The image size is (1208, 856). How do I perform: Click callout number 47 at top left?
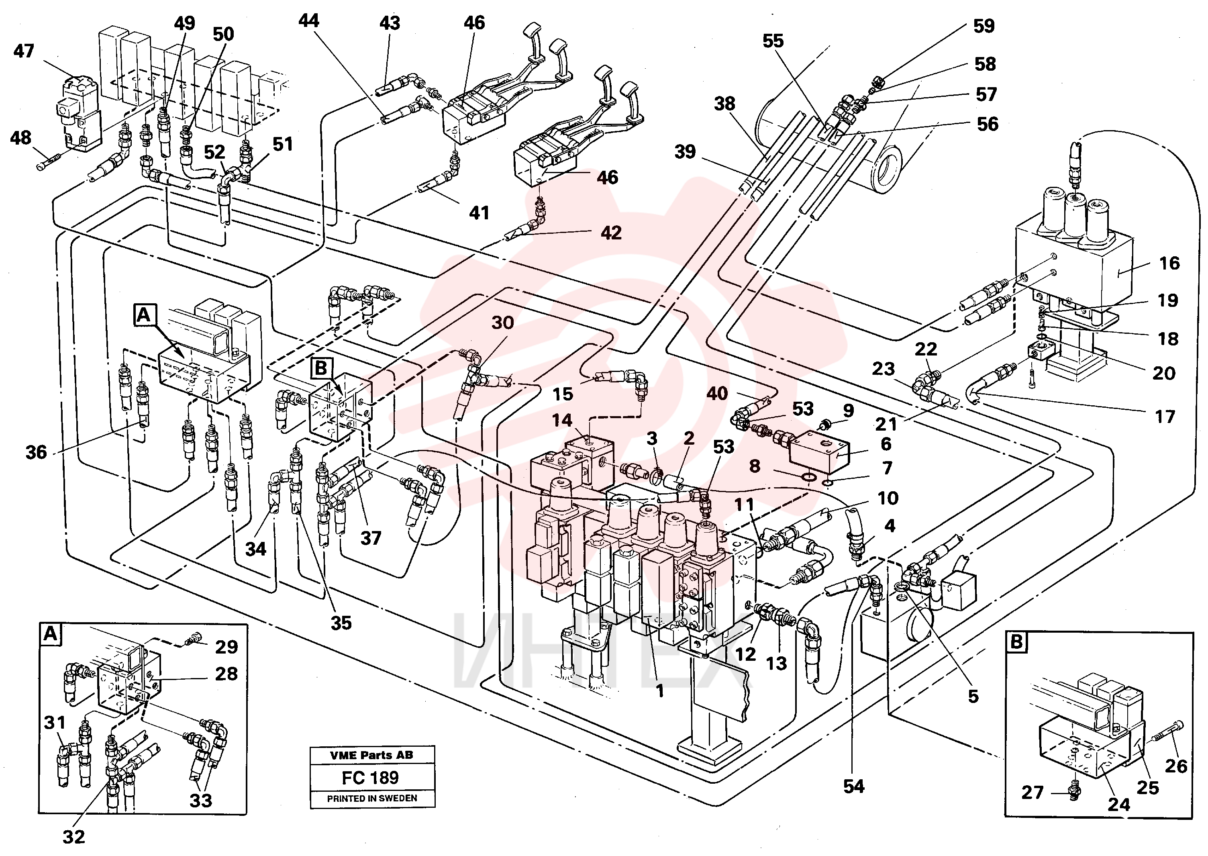(x=24, y=51)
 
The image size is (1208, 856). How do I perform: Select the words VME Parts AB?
(x=372, y=755)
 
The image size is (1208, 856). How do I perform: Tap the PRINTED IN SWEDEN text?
(x=372, y=798)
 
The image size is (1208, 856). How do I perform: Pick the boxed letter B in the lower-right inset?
(x=1016, y=641)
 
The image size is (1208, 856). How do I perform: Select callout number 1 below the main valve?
(x=659, y=691)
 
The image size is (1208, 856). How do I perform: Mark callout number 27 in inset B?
(x=1032, y=792)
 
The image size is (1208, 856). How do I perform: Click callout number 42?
(x=611, y=233)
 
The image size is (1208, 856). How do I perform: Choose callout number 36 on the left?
(x=37, y=452)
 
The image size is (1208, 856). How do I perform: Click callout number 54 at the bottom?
(x=854, y=787)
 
